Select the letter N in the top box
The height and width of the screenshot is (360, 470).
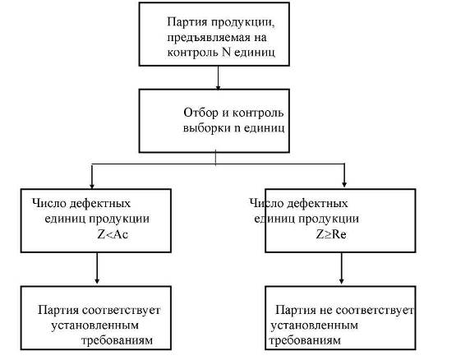click(x=226, y=52)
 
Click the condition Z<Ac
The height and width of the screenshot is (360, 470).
click(x=113, y=234)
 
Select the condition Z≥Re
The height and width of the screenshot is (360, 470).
click(x=331, y=234)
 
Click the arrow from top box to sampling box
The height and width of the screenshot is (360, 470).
click(x=219, y=77)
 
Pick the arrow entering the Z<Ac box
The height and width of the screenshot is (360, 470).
click(x=92, y=176)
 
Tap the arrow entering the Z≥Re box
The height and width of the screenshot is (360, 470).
click(x=344, y=176)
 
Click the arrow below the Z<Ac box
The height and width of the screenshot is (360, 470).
click(x=97, y=268)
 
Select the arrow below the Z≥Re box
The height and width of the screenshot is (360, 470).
click(x=342, y=268)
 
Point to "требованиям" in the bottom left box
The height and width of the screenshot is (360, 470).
click(x=117, y=340)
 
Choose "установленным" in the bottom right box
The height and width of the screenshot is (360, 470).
click(x=315, y=325)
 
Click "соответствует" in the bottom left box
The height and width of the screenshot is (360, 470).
click(x=121, y=310)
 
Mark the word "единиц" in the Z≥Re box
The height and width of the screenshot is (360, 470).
click(x=274, y=219)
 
